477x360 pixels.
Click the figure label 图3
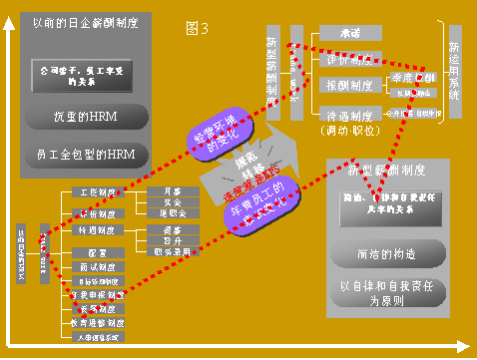[199, 28]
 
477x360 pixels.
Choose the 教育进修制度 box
[96, 323]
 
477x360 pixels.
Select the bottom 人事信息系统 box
[96, 338]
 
